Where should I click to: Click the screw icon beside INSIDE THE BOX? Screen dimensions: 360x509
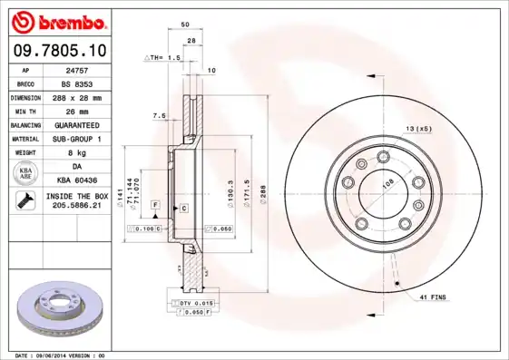click(24, 200)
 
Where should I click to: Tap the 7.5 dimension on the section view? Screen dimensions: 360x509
click(160, 115)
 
